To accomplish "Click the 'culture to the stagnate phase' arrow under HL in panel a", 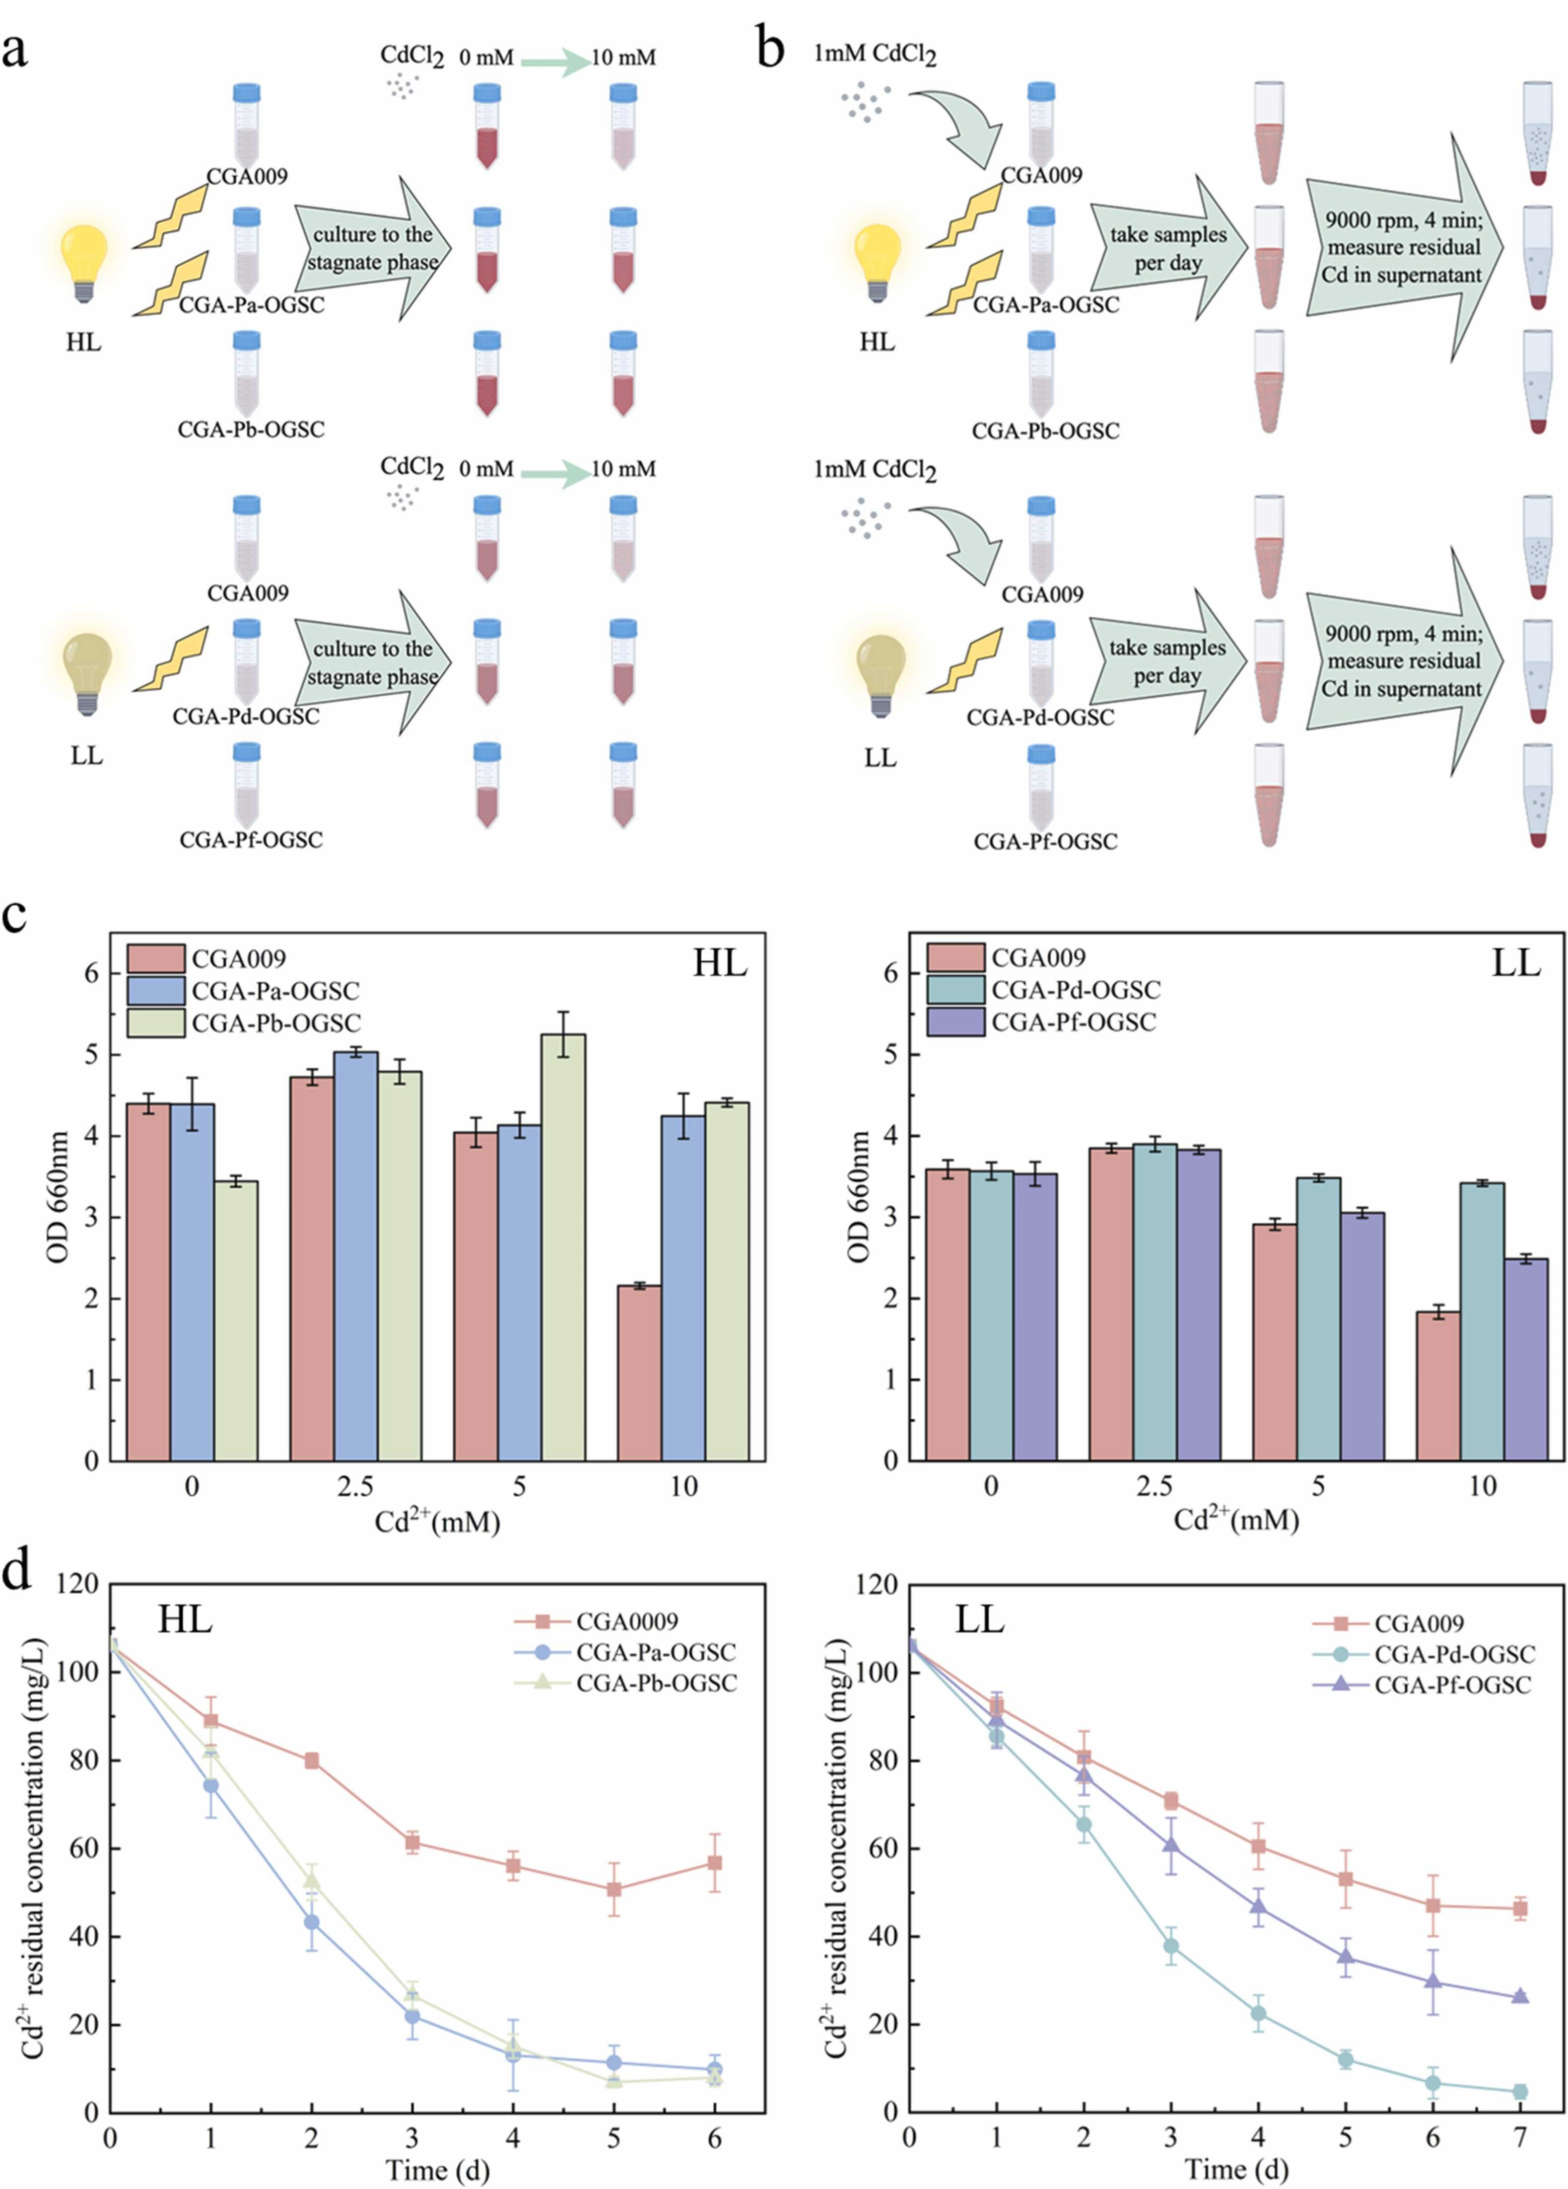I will click(371, 249).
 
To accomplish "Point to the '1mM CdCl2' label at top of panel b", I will click(874, 54).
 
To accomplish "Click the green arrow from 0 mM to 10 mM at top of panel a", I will click(555, 62).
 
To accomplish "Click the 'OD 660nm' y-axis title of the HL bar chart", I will click(58, 1197).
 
